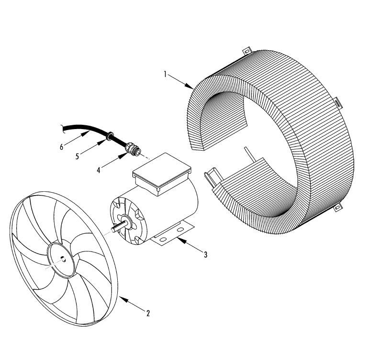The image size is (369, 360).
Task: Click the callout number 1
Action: tap(165, 75)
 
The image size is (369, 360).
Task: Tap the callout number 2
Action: tap(148, 314)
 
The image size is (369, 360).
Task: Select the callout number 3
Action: tap(205, 255)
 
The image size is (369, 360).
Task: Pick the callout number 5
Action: tap(78, 156)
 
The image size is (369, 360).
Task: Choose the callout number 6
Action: tap(61, 147)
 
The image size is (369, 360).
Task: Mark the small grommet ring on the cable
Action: tap(110, 138)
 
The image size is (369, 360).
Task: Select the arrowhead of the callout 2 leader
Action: tap(120, 297)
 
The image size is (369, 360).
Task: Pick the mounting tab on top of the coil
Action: tap(247, 49)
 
